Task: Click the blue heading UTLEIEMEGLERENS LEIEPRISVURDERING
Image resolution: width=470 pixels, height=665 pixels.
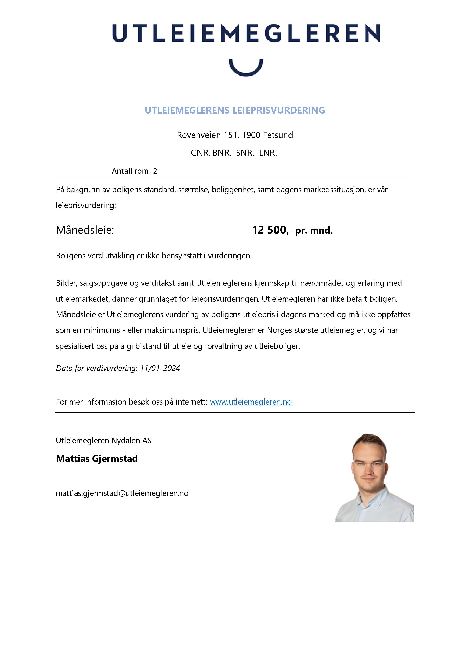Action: point(235,110)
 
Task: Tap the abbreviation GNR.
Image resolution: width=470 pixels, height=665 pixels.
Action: point(200,153)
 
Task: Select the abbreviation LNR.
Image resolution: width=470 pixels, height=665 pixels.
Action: point(268,153)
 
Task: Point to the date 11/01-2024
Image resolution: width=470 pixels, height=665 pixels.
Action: point(160,368)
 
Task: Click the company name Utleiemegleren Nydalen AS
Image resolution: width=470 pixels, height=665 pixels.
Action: point(103,441)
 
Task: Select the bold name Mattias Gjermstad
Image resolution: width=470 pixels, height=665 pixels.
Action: point(97,459)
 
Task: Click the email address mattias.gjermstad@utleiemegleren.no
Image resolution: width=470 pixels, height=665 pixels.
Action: point(122,493)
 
